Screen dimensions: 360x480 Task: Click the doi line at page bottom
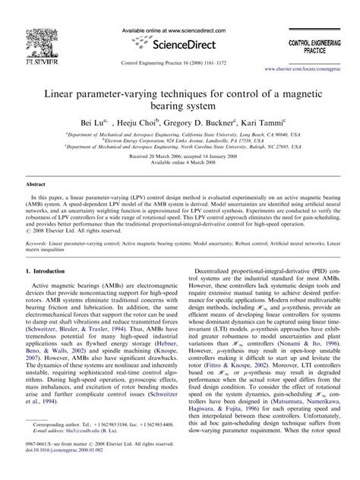pyautogui.click(x=64, y=467)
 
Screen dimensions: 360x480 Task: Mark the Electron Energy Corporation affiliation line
pyautogui.click(x=179, y=139)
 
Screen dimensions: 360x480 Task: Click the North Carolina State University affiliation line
pyautogui.click(x=179, y=146)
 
